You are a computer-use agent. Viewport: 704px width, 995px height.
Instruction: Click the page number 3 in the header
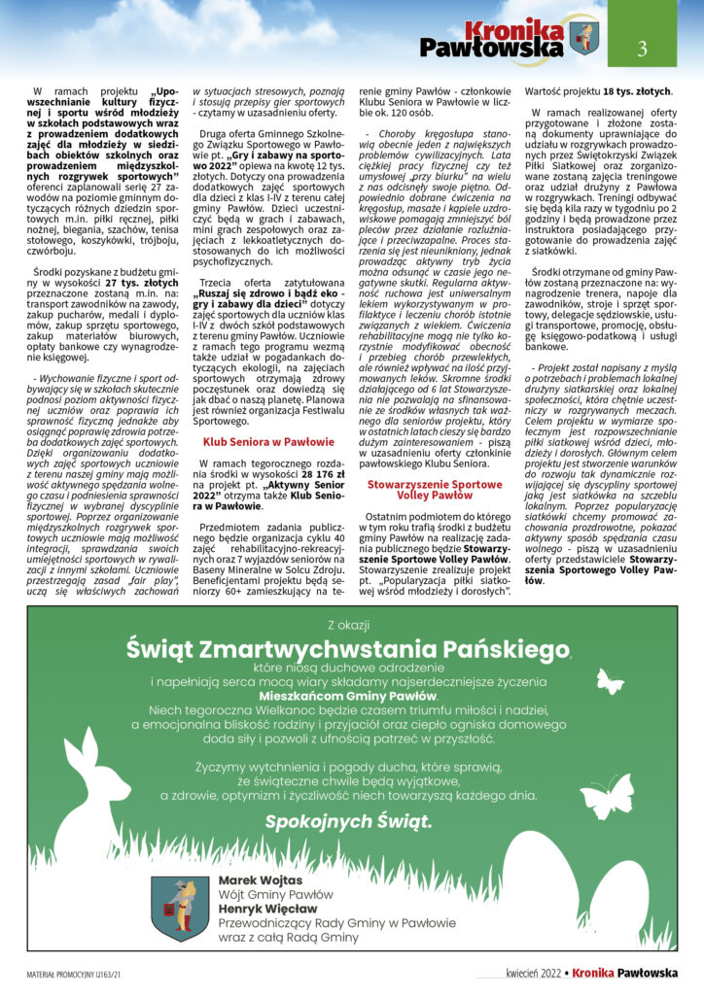click(x=642, y=47)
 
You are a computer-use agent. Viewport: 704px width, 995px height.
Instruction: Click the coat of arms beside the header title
click(x=585, y=38)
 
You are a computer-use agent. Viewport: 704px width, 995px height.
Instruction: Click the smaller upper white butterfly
click(x=609, y=682)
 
